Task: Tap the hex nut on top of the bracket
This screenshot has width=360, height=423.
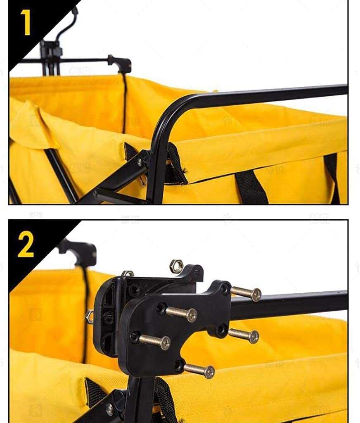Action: coord(177,266)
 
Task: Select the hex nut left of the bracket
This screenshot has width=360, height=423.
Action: coord(89,317)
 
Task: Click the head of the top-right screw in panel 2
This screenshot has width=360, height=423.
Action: coord(256,295)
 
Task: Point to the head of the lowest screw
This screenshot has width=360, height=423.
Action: coord(209,372)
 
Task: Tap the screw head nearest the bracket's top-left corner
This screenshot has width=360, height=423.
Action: coord(191,315)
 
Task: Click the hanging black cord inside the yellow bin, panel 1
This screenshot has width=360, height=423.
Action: coord(124,103)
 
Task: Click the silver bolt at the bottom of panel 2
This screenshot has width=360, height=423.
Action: coord(109,410)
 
